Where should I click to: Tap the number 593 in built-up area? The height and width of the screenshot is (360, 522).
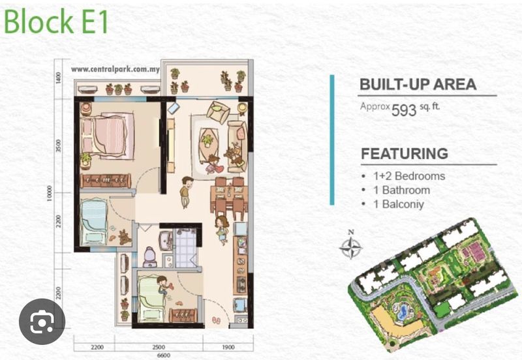click(x=404, y=110)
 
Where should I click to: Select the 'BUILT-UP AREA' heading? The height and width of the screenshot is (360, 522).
click(x=418, y=85)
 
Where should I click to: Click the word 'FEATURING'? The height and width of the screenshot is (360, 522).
click(x=404, y=155)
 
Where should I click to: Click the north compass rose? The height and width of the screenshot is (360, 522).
click(x=352, y=247)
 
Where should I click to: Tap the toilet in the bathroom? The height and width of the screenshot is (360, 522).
click(x=149, y=256)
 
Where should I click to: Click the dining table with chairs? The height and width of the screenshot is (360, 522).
click(x=228, y=196)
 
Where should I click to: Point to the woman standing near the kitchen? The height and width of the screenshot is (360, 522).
click(x=223, y=230)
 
